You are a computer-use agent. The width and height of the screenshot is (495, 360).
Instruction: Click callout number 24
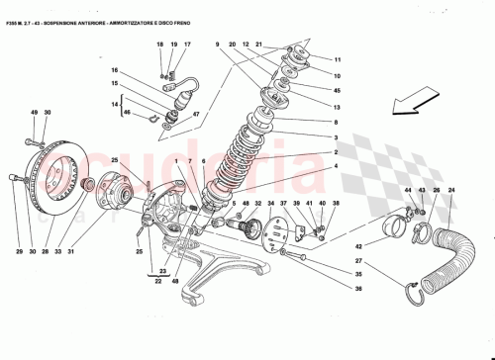[453, 190]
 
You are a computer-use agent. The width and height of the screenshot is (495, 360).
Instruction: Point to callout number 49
[33, 113]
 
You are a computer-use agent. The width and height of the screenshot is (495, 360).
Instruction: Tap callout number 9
[216, 45]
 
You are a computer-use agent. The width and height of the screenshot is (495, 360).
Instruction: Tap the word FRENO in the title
[190, 12]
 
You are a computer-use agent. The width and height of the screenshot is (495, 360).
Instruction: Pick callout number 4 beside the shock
[336, 168]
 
